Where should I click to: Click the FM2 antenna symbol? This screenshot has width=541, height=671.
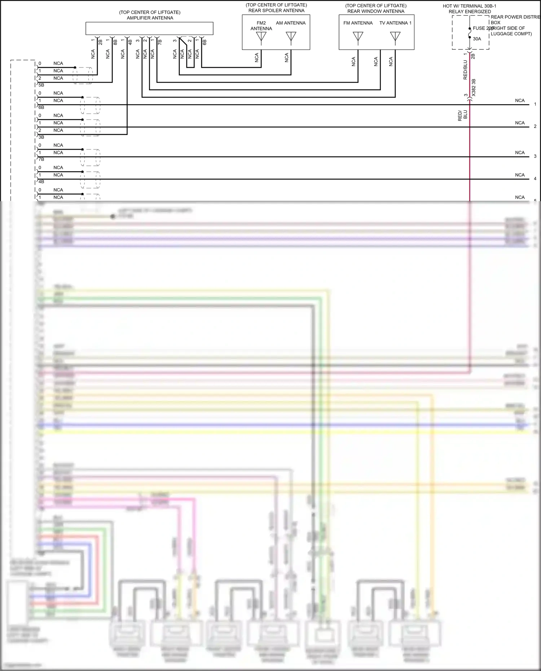pos(261,37)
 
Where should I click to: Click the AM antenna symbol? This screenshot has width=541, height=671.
pos(291,37)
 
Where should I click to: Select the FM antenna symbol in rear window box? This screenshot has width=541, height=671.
pos(358,37)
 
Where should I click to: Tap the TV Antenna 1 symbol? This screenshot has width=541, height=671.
pos(395,37)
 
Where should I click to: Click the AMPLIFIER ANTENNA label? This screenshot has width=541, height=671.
pos(150,18)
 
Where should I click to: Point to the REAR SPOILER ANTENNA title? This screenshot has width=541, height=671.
pos(276,10)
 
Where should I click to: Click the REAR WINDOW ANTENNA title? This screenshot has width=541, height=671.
pos(376,11)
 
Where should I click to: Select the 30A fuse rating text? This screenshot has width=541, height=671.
pos(477,39)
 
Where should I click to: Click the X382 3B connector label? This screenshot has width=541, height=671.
pos(474,87)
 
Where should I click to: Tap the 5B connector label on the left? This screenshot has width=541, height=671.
pos(41,85)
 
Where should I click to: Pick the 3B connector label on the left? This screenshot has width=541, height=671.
pos(41,137)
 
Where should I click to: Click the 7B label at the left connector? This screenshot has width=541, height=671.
pos(41,159)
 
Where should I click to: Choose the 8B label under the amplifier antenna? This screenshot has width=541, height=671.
pos(115,42)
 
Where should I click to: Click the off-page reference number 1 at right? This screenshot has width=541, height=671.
pos(535,104)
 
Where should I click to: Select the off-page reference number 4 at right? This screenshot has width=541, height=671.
pos(535,179)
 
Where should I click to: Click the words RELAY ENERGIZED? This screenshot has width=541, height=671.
pos(470,12)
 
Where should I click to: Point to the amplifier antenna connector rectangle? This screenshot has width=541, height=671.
pos(149,28)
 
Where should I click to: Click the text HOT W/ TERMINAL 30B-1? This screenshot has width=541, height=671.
pos(470,6)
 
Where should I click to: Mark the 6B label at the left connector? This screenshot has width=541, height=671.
pos(41,107)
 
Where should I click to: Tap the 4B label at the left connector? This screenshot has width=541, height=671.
pos(41,182)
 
